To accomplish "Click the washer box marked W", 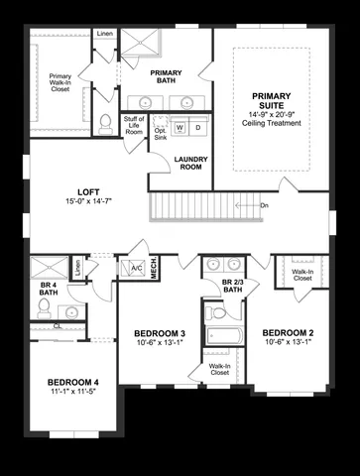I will pyautogui.click(x=180, y=128).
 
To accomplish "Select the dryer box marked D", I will pyautogui.click(x=197, y=128).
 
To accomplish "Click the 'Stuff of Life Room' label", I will pyautogui.click(x=134, y=126).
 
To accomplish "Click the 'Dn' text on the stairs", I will pyautogui.click(x=264, y=205).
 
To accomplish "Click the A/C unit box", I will pyautogui.click(x=133, y=268).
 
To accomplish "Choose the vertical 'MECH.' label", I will pyautogui.click(x=155, y=269).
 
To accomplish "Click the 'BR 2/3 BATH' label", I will pyautogui.click(x=234, y=288).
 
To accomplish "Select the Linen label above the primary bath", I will pyautogui.click(x=105, y=35).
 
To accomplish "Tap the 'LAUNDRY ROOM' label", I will pyautogui.click(x=189, y=163).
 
